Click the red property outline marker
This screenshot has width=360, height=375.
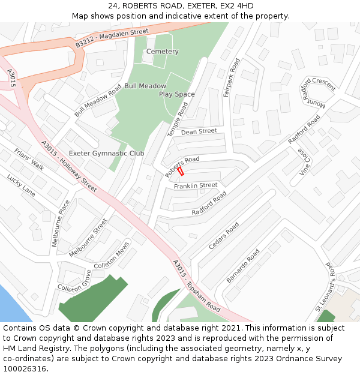tap(181, 171)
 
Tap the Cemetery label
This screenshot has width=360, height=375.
tap(163, 52)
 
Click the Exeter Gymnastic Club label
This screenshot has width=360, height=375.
tap(106, 154)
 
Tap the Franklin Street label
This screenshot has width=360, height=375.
tap(196, 186)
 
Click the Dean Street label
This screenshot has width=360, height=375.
tap(199, 131)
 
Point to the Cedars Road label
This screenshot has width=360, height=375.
tap(223, 236)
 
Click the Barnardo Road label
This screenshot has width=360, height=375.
tap(242, 266)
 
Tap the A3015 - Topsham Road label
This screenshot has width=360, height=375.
tap(196, 284)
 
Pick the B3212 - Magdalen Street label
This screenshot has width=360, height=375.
tap(112, 38)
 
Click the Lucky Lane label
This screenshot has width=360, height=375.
tap(21, 185)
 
